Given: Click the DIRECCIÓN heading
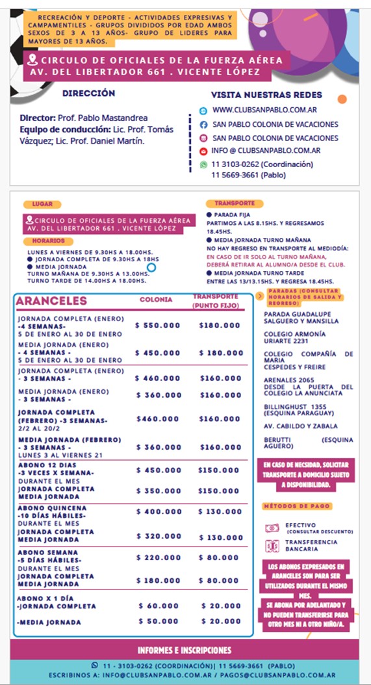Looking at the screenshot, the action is click(x=88, y=94).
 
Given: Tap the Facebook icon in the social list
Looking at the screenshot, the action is click(x=203, y=124).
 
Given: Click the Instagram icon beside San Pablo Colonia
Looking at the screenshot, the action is click(x=203, y=138).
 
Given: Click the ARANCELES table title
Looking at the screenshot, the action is click(x=51, y=301).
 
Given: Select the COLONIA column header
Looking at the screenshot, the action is click(x=156, y=300).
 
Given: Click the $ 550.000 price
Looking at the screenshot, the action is click(x=158, y=325).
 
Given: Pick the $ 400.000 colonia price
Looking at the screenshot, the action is click(x=159, y=512).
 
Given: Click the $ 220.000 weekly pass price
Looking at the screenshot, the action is click(x=159, y=558).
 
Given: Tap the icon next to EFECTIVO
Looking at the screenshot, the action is click(x=272, y=528).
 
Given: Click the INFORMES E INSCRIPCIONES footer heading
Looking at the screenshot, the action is click(x=185, y=651).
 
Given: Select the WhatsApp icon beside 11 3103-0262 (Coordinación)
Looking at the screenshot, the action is click(x=203, y=165).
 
